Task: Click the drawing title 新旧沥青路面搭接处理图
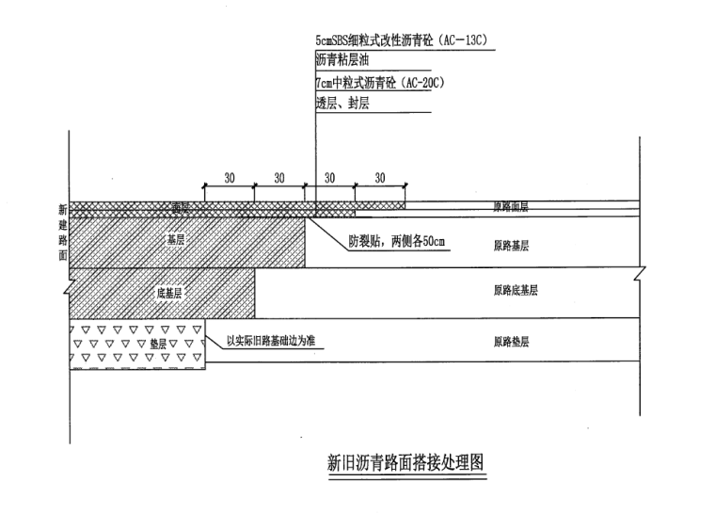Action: point(408,462)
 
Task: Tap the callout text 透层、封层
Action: point(342,104)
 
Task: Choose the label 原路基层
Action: point(511,246)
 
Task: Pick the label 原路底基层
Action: point(516,291)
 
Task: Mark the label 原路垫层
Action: point(511,342)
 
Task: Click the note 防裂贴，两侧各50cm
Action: point(395,242)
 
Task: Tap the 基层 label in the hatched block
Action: point(175,239)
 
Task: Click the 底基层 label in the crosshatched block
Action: point(169,293)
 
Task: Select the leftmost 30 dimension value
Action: point(229,177)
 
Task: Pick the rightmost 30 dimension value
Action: point(379,177)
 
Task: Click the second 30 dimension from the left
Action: point(279,177)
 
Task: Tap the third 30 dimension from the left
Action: point(329,177)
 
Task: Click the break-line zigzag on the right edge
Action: point(641,275)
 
